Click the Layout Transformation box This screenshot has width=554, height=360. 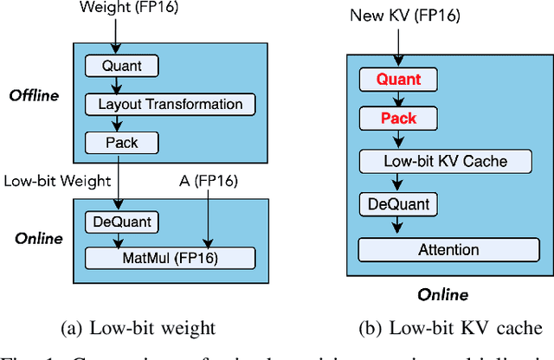(171, 104)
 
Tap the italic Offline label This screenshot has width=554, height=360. (34, 95)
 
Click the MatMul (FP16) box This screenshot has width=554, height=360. (171, 257)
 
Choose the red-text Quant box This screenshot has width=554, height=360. (399, 80)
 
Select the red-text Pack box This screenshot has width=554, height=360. (399, 119)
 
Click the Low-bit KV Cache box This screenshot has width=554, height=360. (444, 161)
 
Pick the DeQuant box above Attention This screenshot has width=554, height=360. (399, 205)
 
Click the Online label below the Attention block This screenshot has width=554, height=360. (442, 294)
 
